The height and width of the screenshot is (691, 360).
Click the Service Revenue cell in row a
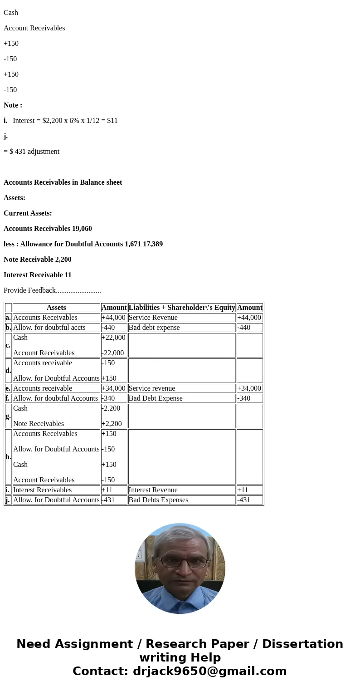click(x=153, y=318)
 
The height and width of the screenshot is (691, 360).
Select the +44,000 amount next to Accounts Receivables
click(x=113, y=318)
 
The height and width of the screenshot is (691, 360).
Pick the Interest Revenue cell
click(x=153, y=490)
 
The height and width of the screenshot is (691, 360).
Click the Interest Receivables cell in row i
click(x=42, y=490)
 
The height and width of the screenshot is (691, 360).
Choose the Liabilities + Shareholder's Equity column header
click(x=182, y=308)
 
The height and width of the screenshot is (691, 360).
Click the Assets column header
click(x=56, y=308)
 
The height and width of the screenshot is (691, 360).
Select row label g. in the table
click(x=8, y=416)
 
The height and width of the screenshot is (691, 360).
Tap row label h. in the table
click(x=8, y=457)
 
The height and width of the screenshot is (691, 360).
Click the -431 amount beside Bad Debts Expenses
click(x=244, y=500)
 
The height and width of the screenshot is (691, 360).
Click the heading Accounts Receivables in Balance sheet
click(x=63, y=182)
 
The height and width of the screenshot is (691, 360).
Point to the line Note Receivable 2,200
click(x=38, y=260)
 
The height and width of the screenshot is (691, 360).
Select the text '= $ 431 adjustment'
click(x=32, y=152)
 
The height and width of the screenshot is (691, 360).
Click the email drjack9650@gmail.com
click(x=209, y=671)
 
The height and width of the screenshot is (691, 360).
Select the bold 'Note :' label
click(x=13, y=105)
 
